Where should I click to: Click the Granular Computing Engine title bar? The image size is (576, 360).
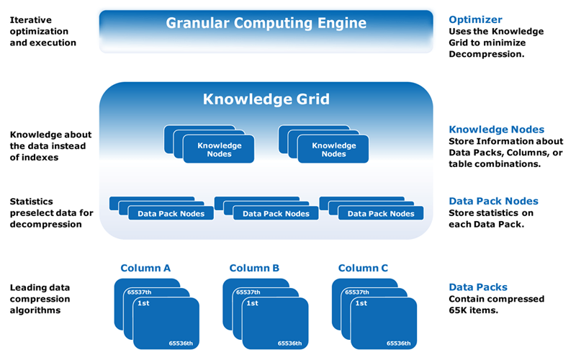pos(266,23)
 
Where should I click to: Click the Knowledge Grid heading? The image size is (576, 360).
pos(266,98)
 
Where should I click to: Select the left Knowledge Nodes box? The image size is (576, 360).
pos(220,149)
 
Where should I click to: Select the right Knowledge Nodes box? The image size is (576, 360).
pos(333,149)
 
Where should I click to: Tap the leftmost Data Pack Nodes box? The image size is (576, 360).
pos(171,213)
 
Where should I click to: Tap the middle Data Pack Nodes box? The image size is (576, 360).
pos(276,213)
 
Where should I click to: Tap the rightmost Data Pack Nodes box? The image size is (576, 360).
pos(381,213)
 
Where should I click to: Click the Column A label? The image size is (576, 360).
pos(145,269)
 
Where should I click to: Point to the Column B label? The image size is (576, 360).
pos(254,269)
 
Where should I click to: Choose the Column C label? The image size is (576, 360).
pos(363,269)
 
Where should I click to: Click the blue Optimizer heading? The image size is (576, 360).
pos(475,20)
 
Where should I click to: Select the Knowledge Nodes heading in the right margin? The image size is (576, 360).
pos(496,130)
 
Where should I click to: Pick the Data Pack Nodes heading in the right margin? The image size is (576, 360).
pos(493,201)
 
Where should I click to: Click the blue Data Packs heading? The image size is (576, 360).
pos(478,287)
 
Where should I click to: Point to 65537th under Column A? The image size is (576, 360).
pos(139,292)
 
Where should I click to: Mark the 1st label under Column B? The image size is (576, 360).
pos(252,304)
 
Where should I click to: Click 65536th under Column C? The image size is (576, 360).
pos(397,343)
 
